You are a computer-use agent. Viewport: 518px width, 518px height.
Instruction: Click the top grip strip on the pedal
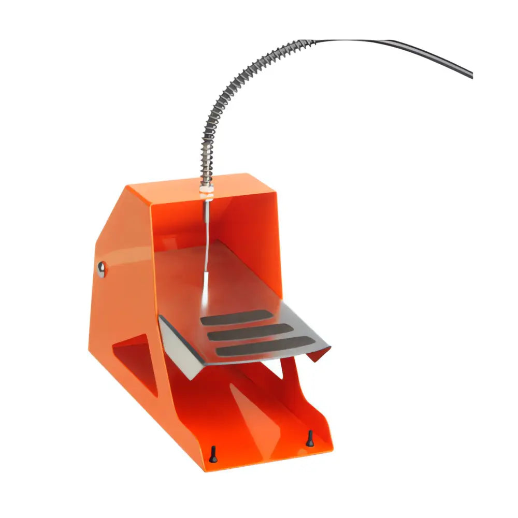[236, 318]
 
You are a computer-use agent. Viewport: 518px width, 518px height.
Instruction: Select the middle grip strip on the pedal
[249, 332]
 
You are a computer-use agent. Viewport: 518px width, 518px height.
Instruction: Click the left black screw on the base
[213, 453]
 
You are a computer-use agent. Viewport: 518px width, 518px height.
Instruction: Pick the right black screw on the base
[310, 438]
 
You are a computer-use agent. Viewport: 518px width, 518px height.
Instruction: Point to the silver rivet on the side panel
[102, 267]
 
